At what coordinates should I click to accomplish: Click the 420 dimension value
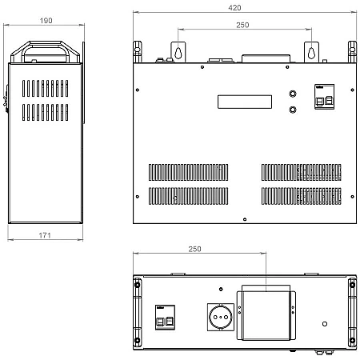pyautogui.click(x=234, y=8)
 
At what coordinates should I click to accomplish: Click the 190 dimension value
pyautogui.click(x=46, y=21)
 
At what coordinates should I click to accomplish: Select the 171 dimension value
pyautogui.click(x=45, y=235)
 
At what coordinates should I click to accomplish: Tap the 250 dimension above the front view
pyautogui.click(x=242, y=25)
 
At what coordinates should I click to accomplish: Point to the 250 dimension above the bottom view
pyautogui.click(x=194, y=249)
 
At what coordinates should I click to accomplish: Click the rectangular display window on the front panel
pyautogui.click(x=245, y=102)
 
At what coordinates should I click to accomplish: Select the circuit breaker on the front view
pyautogui.click(x=324, y=97)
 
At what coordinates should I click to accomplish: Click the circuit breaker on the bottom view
pyautogui.click(x=165, y=318)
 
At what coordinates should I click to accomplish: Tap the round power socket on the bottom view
pyautogui.click(x=221, y=317)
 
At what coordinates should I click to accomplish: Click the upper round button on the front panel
pyautogui.click(x=293, y=94)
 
